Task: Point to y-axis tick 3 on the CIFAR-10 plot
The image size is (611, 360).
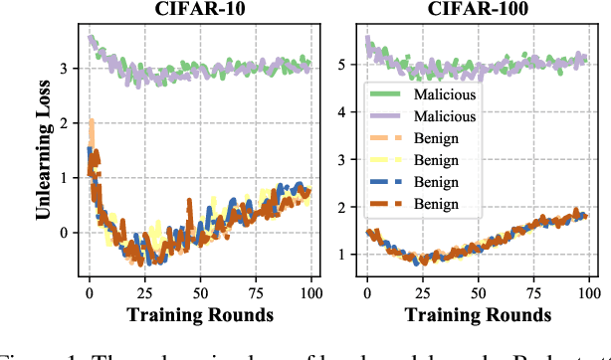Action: point(67,69)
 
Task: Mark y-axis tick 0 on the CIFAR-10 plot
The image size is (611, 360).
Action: point(67,233)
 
